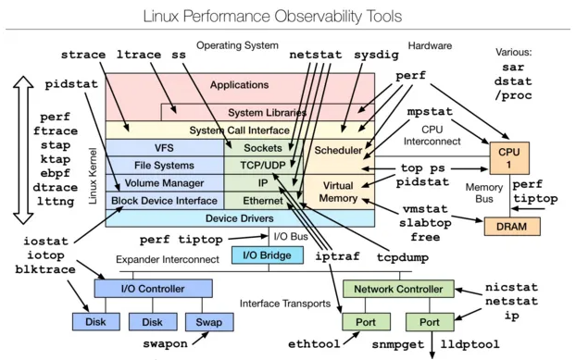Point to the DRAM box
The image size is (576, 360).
pyautogui.click(x=509, y=225)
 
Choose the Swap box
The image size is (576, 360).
pyautogui.click(x=203, y=321)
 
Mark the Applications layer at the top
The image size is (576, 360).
pyautogui.click(x=239, y=85)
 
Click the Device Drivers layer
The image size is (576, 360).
pyautogui.click(x=239, y=218)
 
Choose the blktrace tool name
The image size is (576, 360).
pyautogui.click(x=46, y=268)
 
